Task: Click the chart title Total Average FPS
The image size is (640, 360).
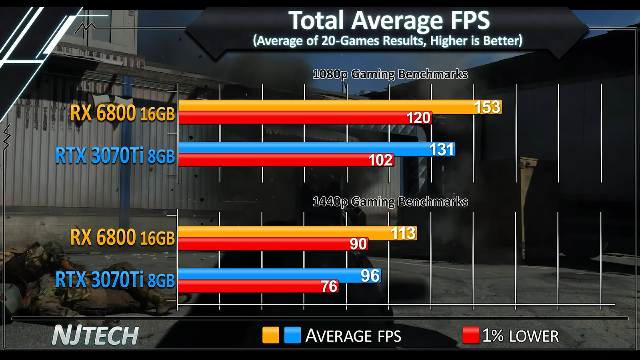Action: (x=389, y=21)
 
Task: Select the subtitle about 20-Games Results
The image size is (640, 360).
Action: (x=388, y=41)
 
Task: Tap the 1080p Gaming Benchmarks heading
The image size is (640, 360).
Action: (x=390, y=74)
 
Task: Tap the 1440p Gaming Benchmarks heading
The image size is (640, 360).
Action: (x=390, y=202)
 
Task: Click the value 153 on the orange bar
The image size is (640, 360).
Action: (x=487, y=107)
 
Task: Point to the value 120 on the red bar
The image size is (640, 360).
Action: (x=418, y=118)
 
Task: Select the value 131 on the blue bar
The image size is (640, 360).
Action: (x=442, y=150)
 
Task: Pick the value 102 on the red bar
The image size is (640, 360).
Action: (x=380, y=160)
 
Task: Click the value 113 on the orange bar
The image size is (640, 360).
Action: (x=403, y=233)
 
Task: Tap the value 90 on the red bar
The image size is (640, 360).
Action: (x=358, y=244)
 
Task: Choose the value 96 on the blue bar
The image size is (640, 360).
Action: (x=370, y=276)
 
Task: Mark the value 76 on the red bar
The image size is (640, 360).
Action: (x=329, y=286)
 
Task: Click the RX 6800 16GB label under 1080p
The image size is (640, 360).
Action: (x=122, y=114)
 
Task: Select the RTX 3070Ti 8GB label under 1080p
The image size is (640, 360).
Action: (x=115, y=156)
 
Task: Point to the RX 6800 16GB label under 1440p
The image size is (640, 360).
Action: (x=122, y=238)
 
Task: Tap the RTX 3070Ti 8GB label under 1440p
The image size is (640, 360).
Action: (x=115, y=280)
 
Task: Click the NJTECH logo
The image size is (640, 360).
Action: (x=95, y=336)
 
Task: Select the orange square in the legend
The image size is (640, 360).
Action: (x=270, y=335)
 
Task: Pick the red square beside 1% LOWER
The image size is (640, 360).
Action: (x=471, y=335)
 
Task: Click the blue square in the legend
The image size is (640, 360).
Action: (x=292, y=335)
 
